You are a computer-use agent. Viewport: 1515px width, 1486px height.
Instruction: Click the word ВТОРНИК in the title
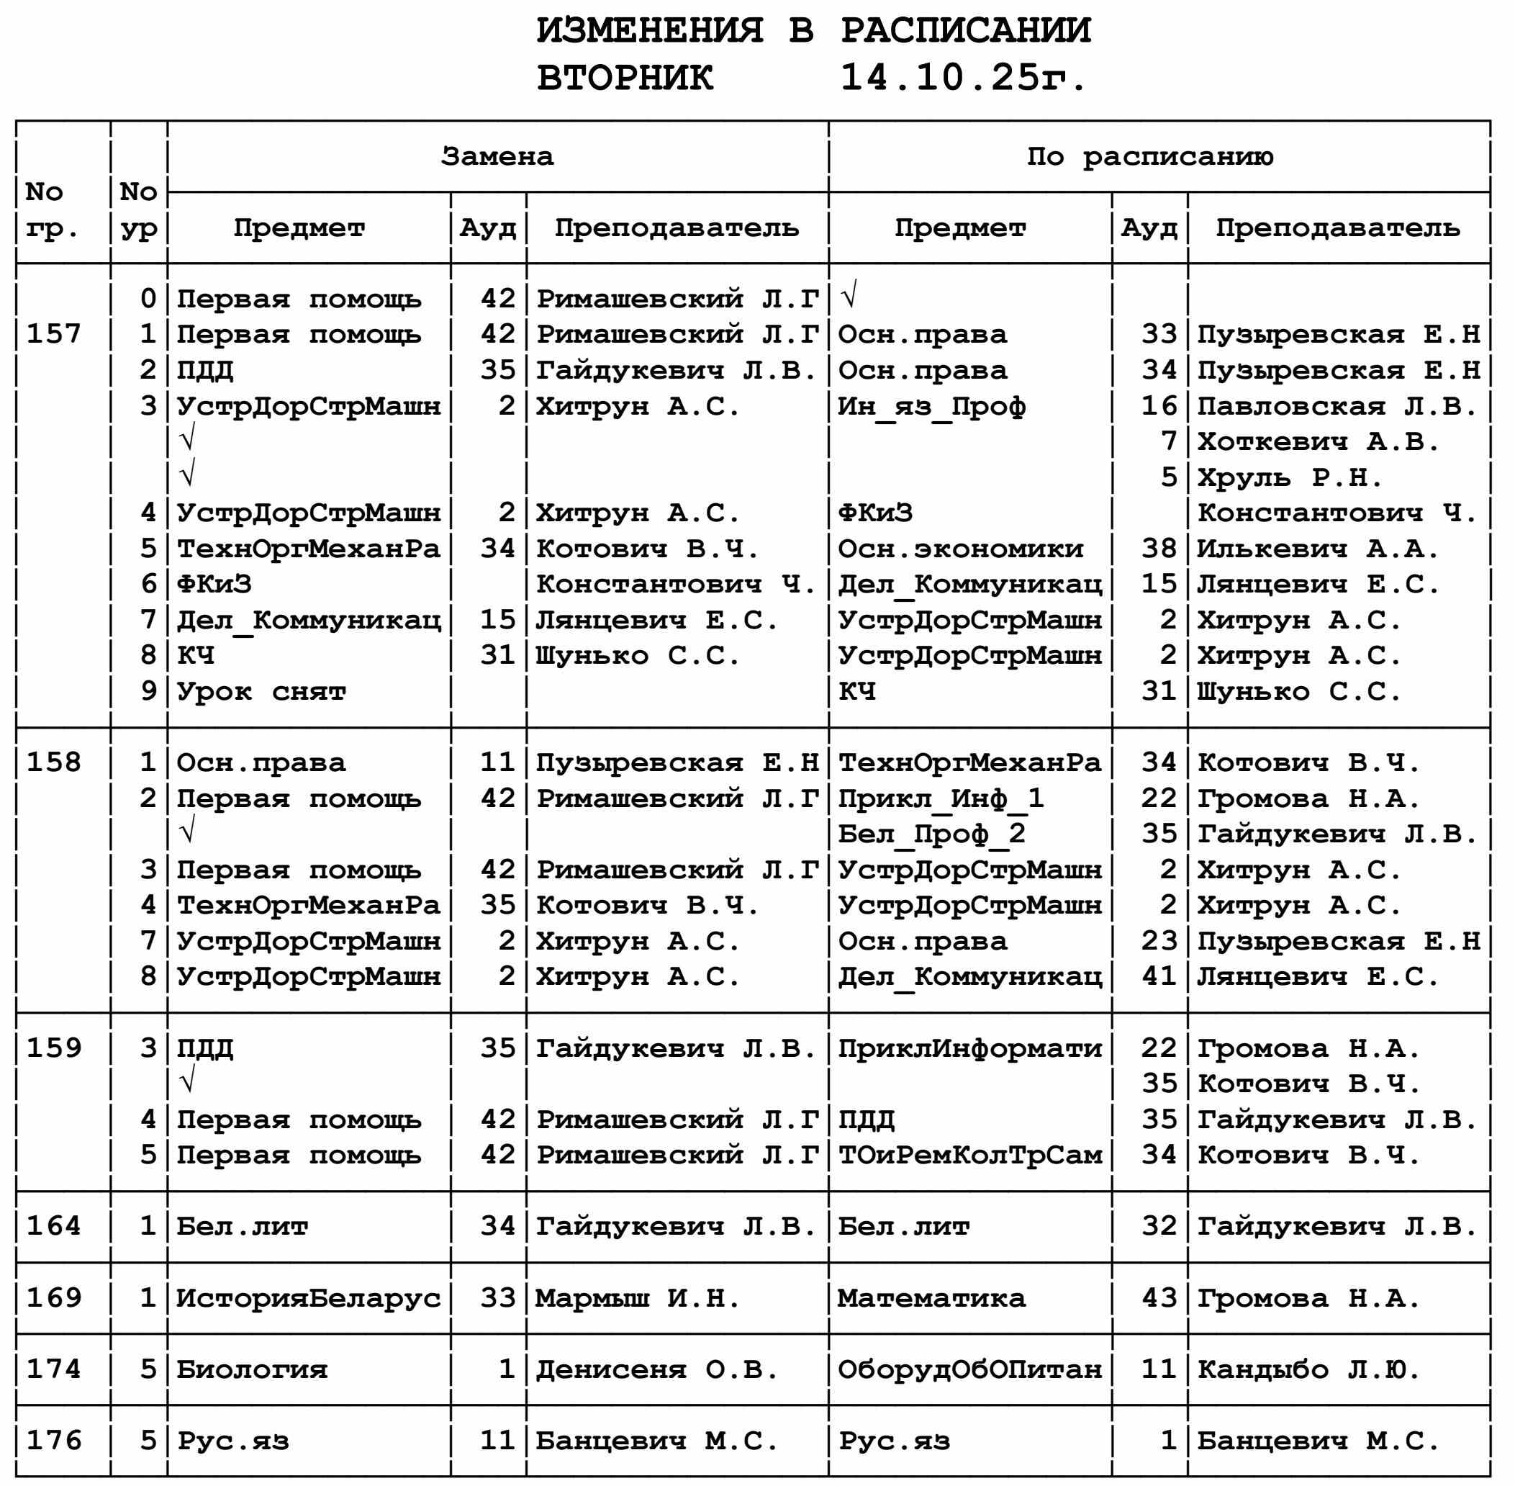coord(625,77)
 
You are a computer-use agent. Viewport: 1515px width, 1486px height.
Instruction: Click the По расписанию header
coord(1149,157)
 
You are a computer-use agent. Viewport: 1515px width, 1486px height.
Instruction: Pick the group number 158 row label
coord(54,762)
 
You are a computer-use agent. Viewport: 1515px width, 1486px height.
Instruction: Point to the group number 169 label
coord(54,1298)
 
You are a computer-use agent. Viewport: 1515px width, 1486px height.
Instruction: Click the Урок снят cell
coord(261,691)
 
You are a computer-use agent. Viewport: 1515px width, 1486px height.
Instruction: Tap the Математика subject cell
coord(931,1298)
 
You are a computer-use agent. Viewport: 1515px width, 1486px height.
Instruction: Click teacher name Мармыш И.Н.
coord(636,1298)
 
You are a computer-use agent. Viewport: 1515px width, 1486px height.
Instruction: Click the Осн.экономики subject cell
coord(960,549)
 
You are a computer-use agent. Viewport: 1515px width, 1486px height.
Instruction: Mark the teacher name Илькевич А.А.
coord(1318,549)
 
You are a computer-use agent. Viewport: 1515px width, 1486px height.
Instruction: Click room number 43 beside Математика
coord(1159,1298)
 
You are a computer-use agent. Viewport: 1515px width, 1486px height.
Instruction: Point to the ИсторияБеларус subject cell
coord(309,1298)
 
